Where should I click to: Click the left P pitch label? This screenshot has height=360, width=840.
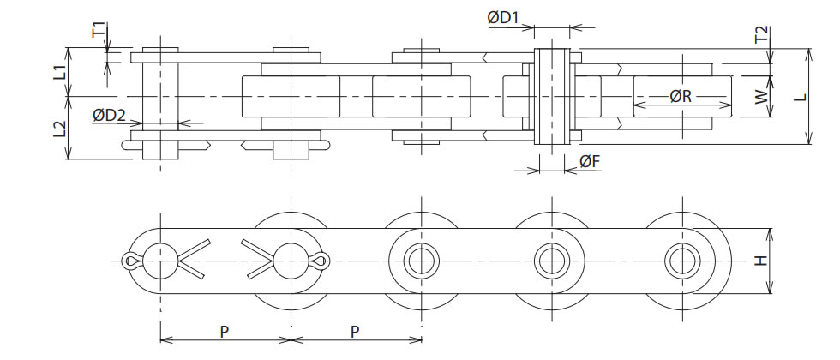pyautogui.click(x=225, y=330)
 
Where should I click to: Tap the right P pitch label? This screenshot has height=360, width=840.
pyautogui.click(x=356, y=330)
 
